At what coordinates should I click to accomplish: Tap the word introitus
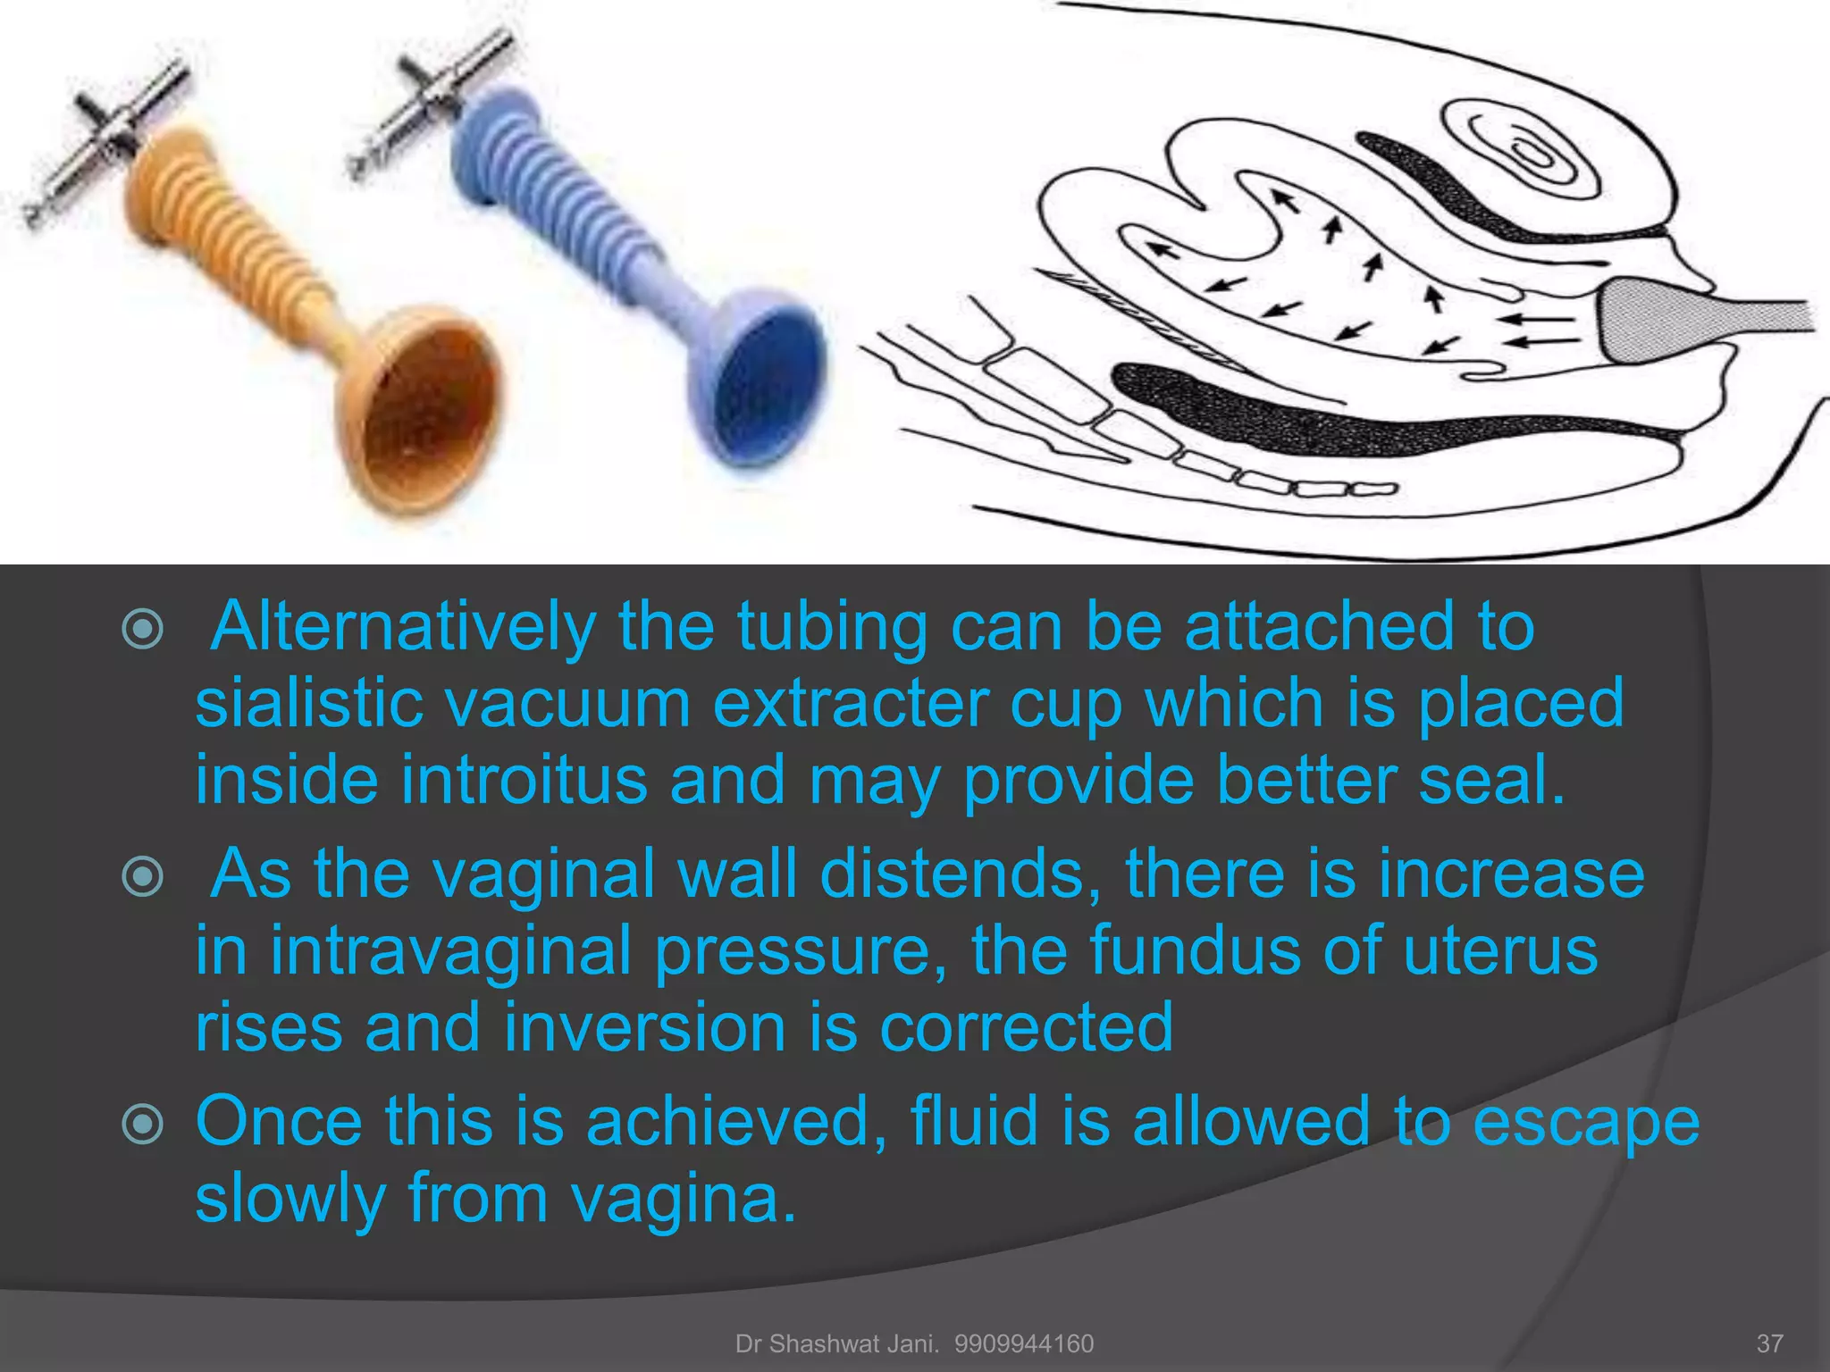[x=524, y=781]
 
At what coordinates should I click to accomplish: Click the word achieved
[x=736, y=1120]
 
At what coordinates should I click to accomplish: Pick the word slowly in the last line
[x=290, y=1199]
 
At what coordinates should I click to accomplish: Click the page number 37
[x=1769, y=1343]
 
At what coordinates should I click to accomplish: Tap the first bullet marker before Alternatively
[x=143, y=629]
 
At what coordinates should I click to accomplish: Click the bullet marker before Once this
[x=143, y=1124]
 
